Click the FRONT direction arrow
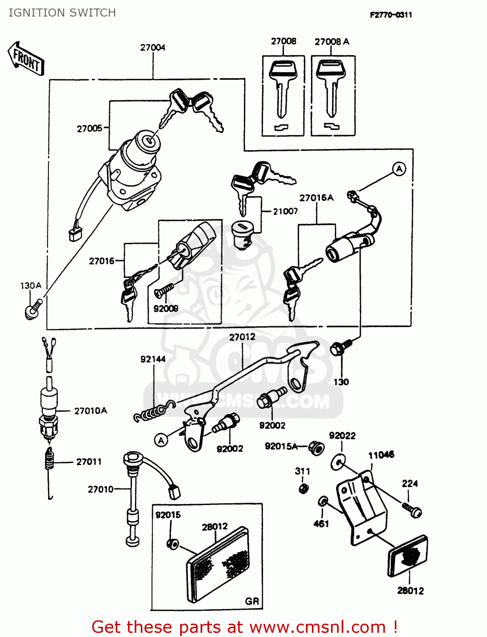pyautogui.click(x=26, y=59)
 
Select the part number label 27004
pyautogui.click(x=153, y=48)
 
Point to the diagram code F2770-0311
pyautogui.click(x=391, y=15)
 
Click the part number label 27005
pyautogui.click(x=89, y=128)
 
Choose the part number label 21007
pyautogui.click(x=285, y=211)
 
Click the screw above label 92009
pyautogui.click(x=164, y=290)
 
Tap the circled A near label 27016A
pyautogui.click(x=399, y=169)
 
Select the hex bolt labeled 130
pyautogui.click(x=340, y=347)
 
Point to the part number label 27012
pyautogui.click(x=242, y=337)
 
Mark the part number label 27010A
pyautogui.click(x=91, y=411)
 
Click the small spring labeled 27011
pyautogui.click(x=50, y=460)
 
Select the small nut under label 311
pyautogui.click(x=303, y=488)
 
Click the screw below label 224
pyautogui.click(x=412, y=510)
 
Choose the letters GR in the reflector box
pyautogui.click(x=252, y=601)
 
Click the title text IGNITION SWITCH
pyautogui.click(x=62, y=13)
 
